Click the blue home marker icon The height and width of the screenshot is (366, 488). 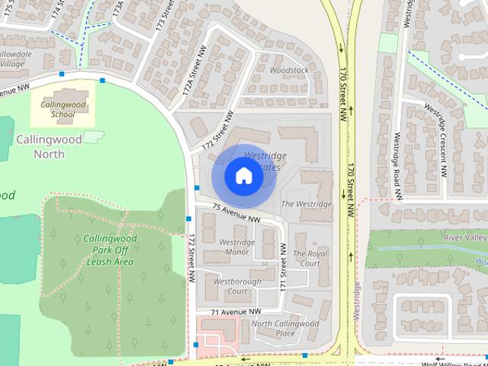pos(243,176)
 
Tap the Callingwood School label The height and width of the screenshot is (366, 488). pos(57,109)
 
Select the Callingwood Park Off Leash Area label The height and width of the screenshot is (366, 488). pos(110,250)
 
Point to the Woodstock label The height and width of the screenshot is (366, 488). pos(289,70)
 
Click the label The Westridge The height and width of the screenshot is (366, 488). pos(307,204)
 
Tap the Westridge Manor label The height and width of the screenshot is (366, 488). pos(234,247)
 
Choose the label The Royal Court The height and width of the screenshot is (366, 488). pos(310,258)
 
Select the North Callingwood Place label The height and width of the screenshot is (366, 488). pos(284,328)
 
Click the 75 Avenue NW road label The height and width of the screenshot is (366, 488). pos(236,213)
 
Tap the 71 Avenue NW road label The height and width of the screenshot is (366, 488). pos(236,312)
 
